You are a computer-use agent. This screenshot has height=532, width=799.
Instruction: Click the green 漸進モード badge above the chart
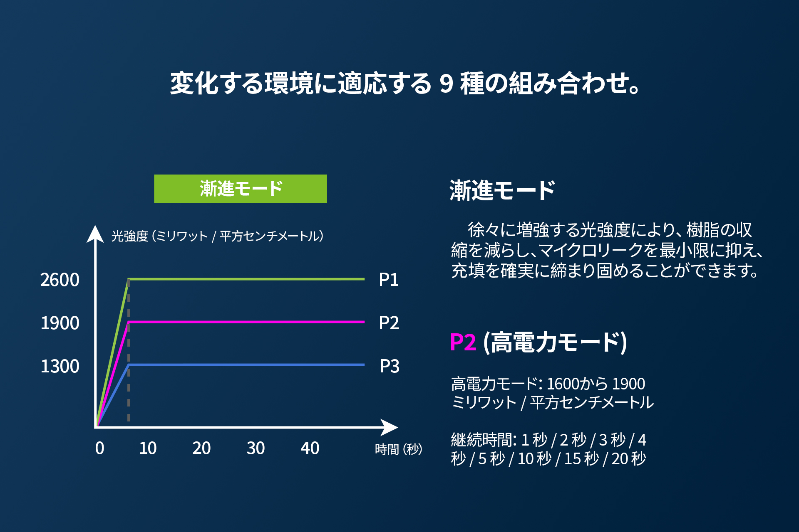point(241,189)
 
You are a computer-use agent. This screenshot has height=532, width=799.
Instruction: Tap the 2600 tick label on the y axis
point(60,280)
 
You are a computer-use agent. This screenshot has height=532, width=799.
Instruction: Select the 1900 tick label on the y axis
point(60,323)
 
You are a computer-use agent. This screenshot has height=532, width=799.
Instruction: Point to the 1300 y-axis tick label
point(60,366)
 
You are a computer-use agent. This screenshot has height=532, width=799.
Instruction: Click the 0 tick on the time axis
point(99,448)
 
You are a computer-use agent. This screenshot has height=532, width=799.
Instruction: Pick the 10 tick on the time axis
point(148,448)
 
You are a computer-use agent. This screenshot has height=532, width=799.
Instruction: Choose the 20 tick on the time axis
point(201,448)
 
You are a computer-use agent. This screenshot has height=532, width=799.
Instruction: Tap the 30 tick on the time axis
point(256,448)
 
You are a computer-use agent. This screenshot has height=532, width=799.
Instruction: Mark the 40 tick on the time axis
point(310,448)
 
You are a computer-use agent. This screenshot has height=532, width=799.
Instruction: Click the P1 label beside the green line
point(389,280)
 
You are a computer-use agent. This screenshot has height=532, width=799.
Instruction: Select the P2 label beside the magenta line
point(389,323)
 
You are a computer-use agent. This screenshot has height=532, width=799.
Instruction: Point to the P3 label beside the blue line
point(389,366)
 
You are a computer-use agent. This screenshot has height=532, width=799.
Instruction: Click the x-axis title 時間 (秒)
point(398,449)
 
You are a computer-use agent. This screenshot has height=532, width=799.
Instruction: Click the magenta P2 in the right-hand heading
point(463,342)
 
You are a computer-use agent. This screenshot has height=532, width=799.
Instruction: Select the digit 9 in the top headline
point(446,83)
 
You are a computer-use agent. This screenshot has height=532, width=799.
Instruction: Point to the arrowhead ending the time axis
point(390,427)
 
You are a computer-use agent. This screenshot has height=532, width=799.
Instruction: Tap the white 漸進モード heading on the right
point(502,190)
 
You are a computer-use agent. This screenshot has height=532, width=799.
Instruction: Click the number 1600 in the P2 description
point(561,384)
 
